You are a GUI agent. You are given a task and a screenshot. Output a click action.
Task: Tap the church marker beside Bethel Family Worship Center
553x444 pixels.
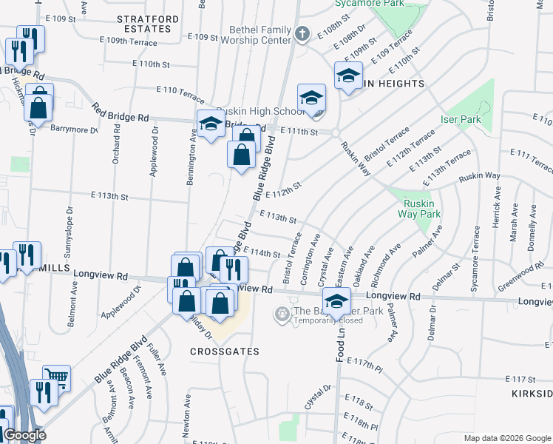tap(301, 34)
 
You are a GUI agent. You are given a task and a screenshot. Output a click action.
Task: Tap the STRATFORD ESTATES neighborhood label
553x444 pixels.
tap(147, 23)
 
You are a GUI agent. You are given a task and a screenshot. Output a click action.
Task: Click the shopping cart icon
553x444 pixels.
tap(55, 377)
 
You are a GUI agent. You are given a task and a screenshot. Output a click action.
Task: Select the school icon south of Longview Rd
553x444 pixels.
tap(336, 303)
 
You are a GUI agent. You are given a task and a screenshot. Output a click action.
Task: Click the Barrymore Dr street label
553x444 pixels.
tap(74, 129)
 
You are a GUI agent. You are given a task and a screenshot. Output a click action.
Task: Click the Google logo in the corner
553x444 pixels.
tap(24, 435)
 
